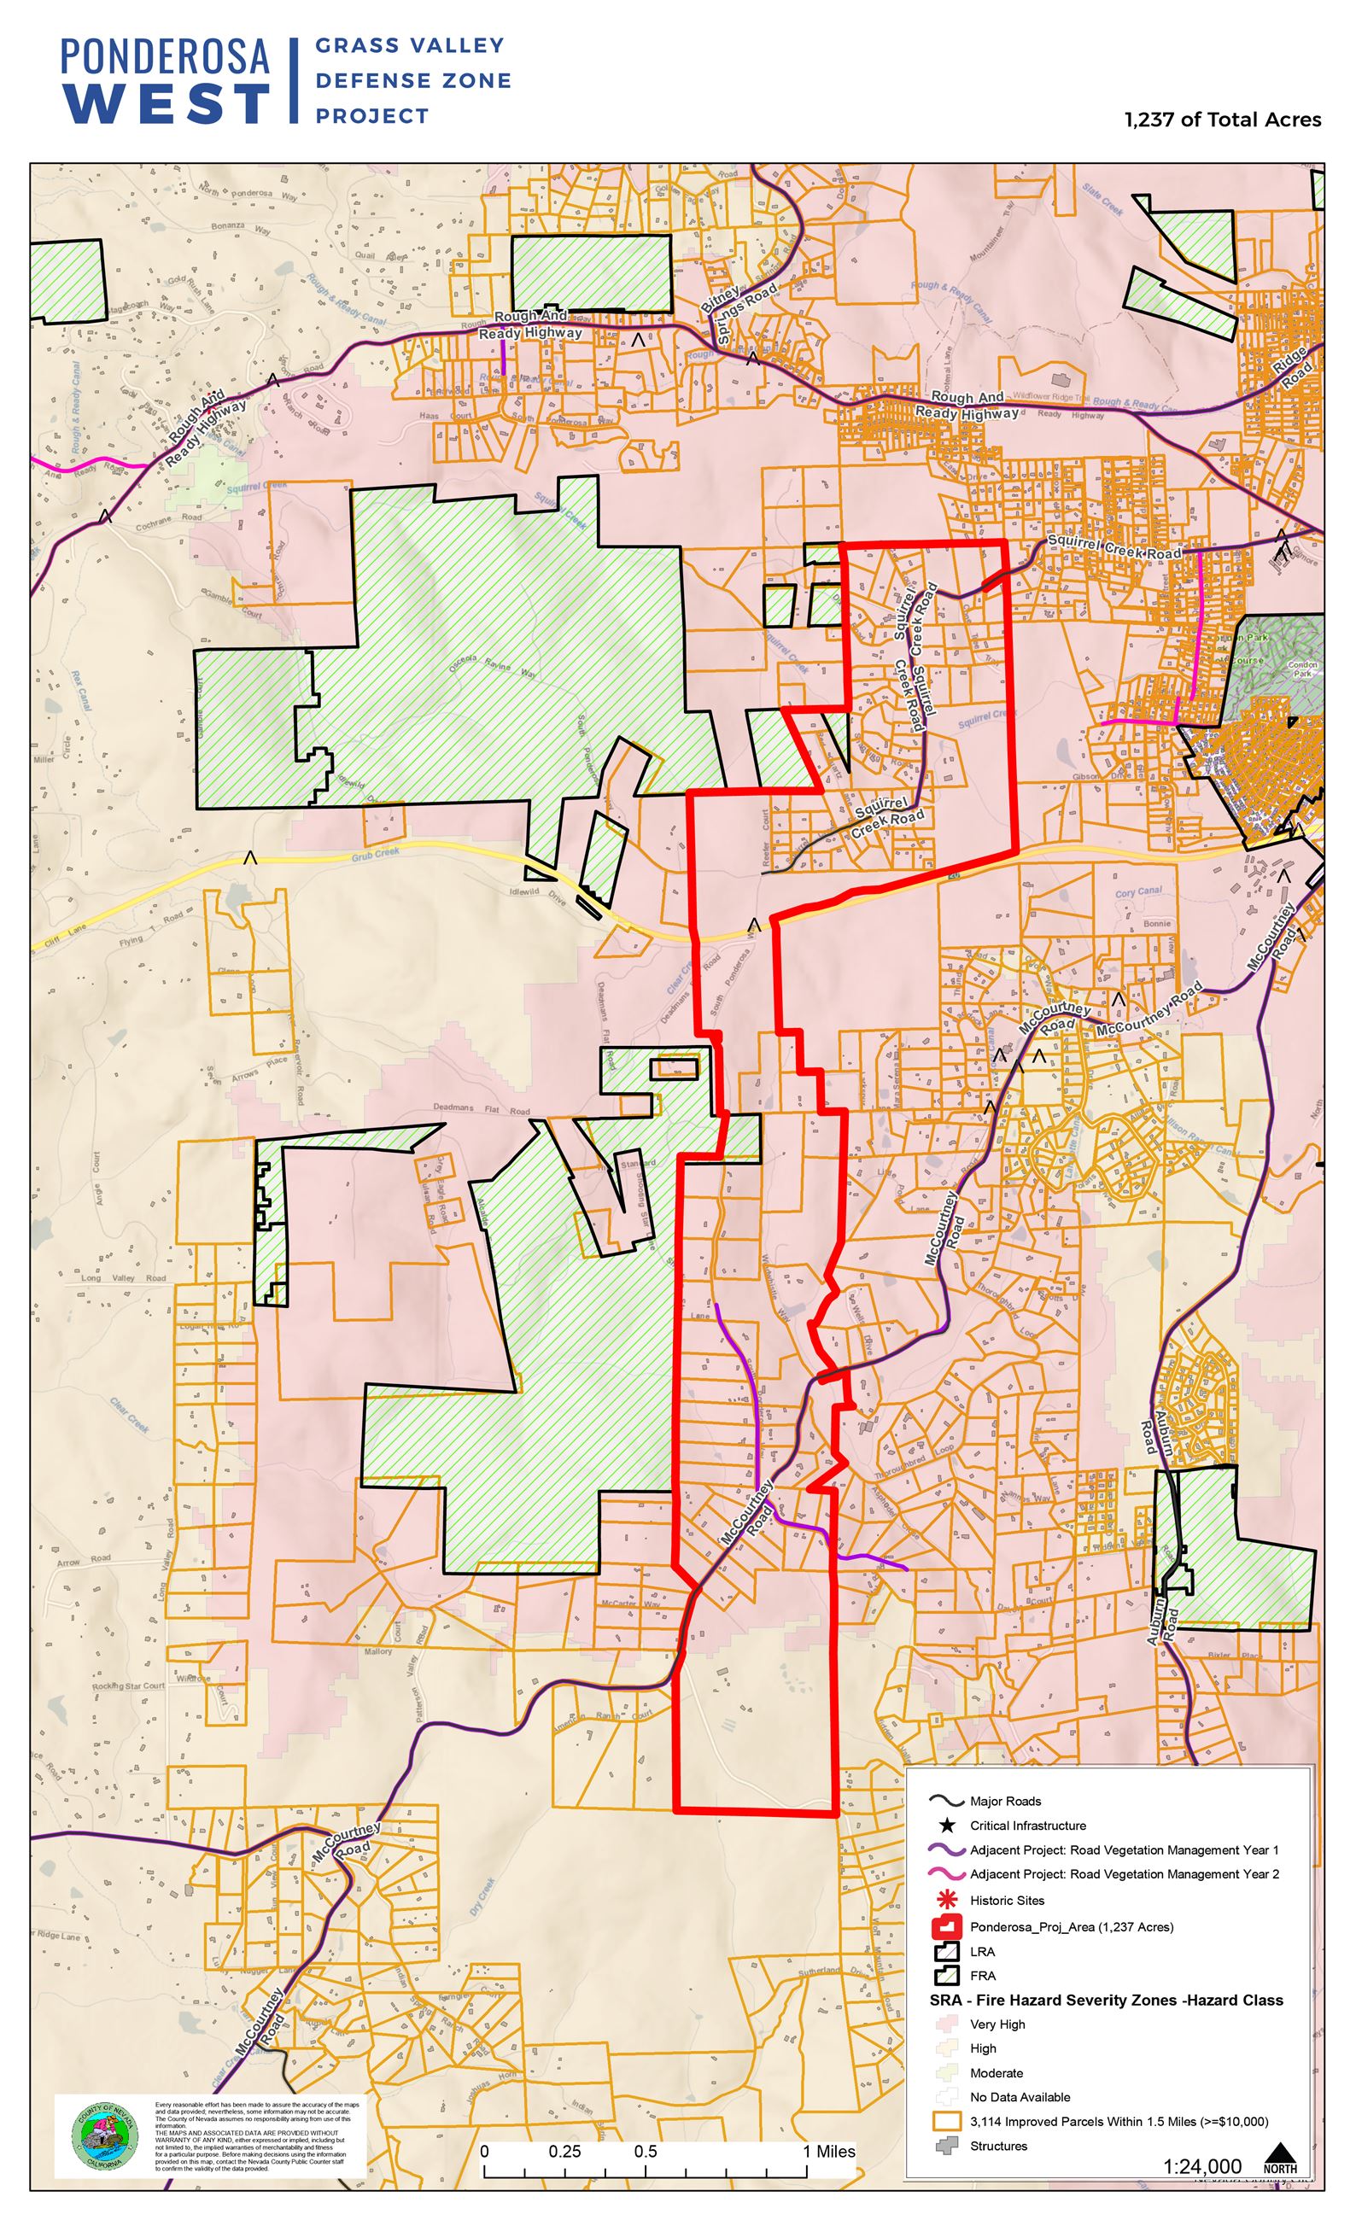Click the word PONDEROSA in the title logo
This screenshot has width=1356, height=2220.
point(165,55)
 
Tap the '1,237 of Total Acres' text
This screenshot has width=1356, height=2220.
point(1223,120)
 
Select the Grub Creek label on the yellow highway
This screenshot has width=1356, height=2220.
point(375,852)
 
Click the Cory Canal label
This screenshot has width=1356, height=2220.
point(1139,892)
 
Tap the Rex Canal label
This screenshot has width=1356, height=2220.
point(80,689)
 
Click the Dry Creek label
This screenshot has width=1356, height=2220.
point(482,1896)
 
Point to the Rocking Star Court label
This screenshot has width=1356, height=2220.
point(128,1685)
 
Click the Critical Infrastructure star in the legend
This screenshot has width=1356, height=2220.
point(947,1826)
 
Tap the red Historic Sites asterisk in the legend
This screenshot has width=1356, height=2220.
point(947,1899)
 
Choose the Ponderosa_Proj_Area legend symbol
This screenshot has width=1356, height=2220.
point(947,1926)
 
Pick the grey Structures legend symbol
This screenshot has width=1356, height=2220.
point(947,2145)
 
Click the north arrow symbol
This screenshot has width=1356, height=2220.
point(1279,2159)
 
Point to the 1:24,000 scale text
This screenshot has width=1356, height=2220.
point(1202,2166)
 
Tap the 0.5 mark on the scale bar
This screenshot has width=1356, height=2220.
point(645,2152)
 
